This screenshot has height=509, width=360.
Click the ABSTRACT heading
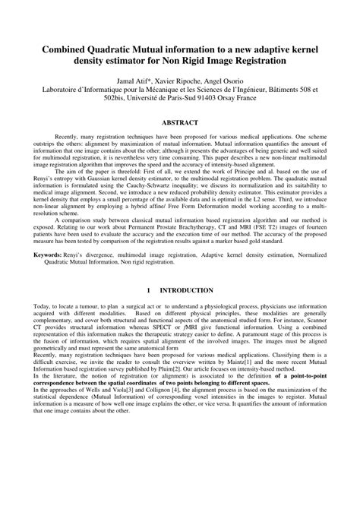click(x=180, y=122)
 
